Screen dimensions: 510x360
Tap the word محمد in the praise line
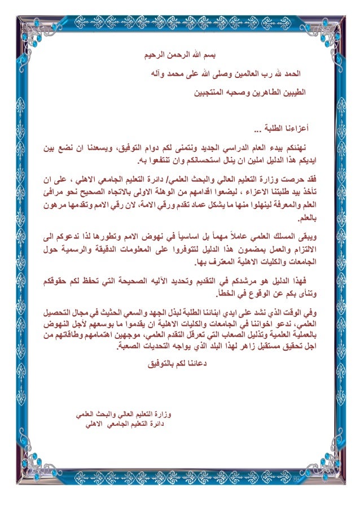pyautogui.click(x=180, y=74)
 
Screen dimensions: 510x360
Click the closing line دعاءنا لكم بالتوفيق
pyautogui.click(x=180, y=364)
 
